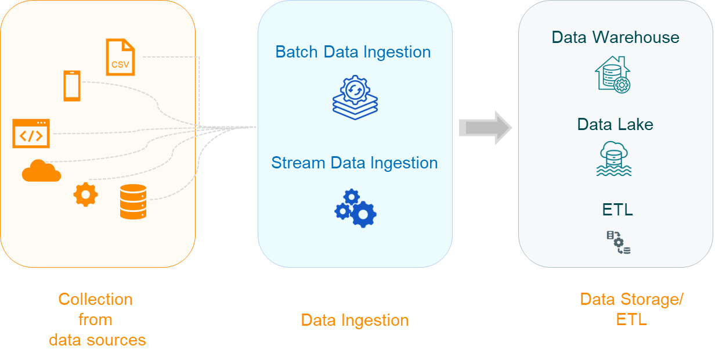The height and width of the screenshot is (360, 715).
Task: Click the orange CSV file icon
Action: [x=120, y=57]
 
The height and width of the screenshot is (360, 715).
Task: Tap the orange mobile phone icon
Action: [x=72, y=85]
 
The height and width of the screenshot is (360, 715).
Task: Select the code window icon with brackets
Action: [x=31, y=134]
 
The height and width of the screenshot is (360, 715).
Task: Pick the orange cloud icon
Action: [x=41, y=171]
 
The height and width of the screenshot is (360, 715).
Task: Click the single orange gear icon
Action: [x=86, y=195]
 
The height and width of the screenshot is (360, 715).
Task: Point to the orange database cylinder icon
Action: [x=133, y=201]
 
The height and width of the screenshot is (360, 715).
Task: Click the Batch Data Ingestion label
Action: [x=353, y=52]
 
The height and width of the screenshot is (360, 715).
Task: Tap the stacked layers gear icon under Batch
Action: [x=355, y=98]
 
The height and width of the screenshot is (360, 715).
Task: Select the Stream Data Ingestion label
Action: [x=354, y=163]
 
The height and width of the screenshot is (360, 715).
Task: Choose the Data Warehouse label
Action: [x=615, y=37]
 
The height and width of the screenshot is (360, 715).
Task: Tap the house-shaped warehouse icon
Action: [x=613, y=74]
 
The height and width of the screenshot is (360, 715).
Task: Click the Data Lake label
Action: [x=615, y=124]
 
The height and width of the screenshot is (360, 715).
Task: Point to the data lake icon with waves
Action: [x=614, y=159]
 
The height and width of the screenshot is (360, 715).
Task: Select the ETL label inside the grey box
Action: [x=617, y=210]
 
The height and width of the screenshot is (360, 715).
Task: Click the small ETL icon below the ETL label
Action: [x=619, y=242]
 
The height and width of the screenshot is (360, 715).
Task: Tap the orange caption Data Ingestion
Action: [x=355, y=320]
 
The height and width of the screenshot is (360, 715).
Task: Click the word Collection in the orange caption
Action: [x=96, y=300]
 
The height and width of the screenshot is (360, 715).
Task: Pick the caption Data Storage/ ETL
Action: [x=631, y=309]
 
